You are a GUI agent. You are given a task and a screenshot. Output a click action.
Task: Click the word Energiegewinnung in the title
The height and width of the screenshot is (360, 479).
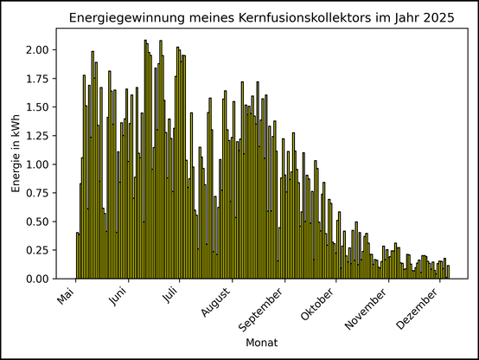click(124, 19)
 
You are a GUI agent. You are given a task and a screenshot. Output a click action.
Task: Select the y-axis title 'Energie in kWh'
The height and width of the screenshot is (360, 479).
click(16, 152)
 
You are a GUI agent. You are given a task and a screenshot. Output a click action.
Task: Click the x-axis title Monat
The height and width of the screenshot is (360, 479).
click(262, 344)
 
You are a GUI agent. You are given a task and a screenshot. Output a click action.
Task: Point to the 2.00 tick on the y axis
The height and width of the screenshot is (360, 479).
click(38, 49)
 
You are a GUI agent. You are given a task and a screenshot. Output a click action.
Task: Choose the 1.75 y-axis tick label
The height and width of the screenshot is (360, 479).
click(38, 78)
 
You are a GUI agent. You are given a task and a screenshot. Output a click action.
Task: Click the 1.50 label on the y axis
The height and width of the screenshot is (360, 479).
click(38, 107)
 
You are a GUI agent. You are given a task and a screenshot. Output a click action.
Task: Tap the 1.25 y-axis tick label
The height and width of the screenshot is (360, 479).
click(38, 136)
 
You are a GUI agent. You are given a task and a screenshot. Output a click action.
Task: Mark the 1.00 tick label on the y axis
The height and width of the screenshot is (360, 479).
click(38, 164)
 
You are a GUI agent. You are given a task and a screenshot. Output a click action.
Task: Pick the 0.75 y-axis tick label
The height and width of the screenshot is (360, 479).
click(38, 193)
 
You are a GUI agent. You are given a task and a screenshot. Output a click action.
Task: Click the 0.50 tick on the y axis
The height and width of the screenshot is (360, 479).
click(38, 222)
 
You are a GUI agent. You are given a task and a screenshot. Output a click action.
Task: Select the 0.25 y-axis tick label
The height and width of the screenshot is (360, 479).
click(38, 250)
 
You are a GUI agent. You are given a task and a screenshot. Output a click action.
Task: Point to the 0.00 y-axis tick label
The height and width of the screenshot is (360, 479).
click(38, 279)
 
